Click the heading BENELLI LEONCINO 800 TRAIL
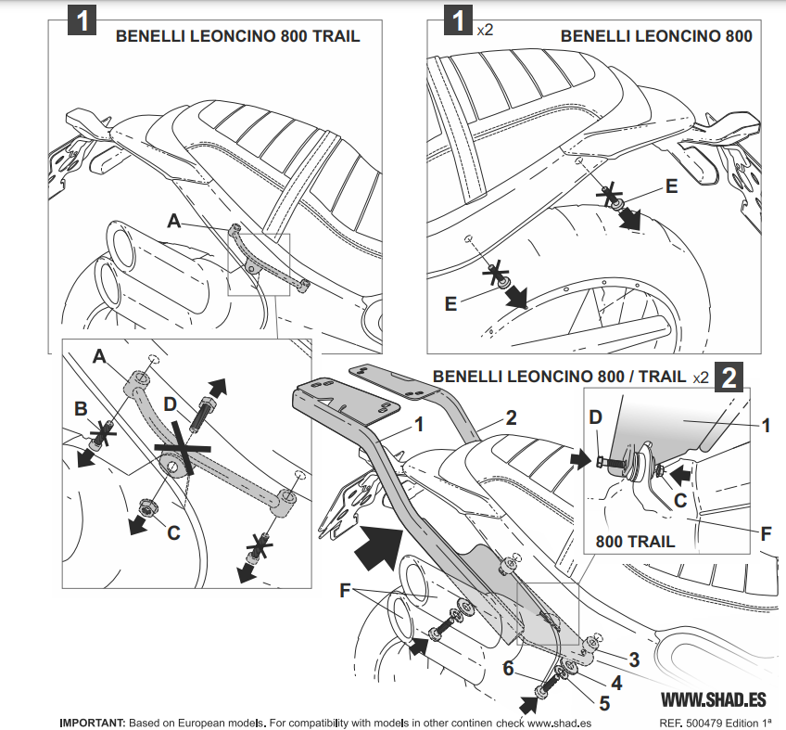click(x=236, y=37)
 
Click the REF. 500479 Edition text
click(x=715, y=723)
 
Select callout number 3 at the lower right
click(x=634, y=660)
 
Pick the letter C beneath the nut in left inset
click(x=173, y=532)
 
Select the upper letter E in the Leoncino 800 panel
click(x=671, y=186)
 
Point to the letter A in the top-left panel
click(x=173, y=220)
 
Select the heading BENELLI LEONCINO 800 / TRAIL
click(x=559, y=377)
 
